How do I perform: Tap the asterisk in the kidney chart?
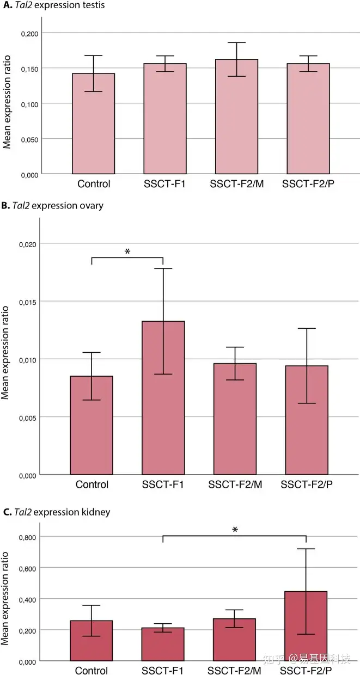point(235,530)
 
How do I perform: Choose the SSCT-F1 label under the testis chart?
point(165,184)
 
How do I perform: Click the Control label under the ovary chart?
point(93,484)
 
